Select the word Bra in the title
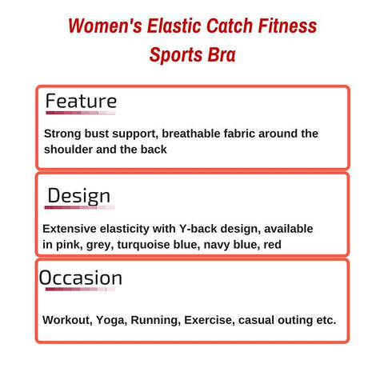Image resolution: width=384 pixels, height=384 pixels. coord(222,54)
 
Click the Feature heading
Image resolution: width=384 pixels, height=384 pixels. coord(81,101)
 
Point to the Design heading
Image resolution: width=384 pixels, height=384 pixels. coord(78,197)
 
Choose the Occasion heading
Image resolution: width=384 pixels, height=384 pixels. coord(81,278)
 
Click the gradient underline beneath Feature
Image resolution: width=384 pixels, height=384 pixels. coord(81,113)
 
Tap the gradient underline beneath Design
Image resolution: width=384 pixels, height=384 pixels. coord(79,207)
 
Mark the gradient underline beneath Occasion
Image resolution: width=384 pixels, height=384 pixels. coord(80,289)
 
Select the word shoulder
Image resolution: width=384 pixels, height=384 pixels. coord(68,150)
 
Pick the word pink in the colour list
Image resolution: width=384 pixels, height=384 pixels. coord(69,245)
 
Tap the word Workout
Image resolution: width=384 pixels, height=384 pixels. coord(67,320)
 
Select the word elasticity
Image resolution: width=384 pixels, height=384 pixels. coord(125,229)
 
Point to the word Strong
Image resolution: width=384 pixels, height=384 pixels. coord(62,134)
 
